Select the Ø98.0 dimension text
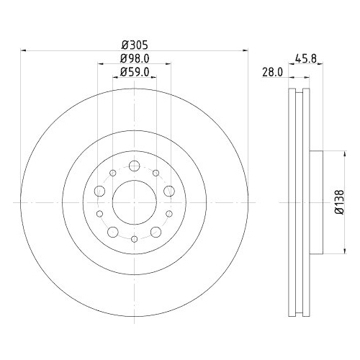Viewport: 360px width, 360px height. pos(134,58)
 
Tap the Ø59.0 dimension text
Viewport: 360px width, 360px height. pos(134,72)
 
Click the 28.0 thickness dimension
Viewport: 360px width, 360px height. pos(271,73)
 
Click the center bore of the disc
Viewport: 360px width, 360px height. pos(134,202)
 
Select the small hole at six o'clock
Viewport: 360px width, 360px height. pos(134,238)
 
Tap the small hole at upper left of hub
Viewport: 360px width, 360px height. pos(113,173)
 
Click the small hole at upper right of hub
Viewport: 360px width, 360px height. pos(155,173)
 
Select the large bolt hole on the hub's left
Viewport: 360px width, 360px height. pos(99,191)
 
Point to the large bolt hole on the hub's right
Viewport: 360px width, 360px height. pos(168,191)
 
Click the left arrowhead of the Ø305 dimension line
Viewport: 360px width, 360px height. pos(24,50)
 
